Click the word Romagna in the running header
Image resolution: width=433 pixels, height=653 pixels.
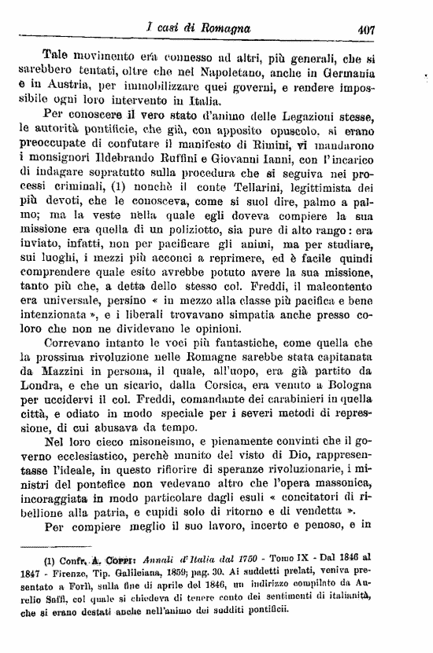tap(223, 29)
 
